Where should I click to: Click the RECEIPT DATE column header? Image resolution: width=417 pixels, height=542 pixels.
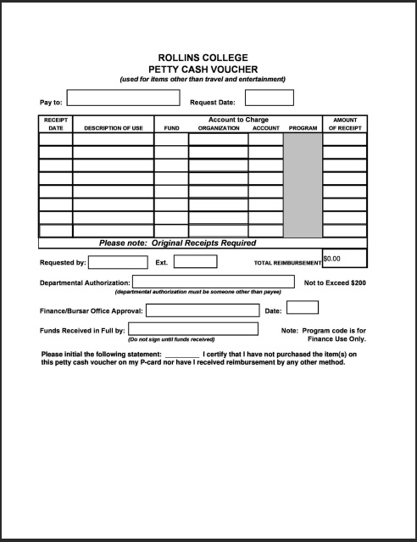(x=55, y=124)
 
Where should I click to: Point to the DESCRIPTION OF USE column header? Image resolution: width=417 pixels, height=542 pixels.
(x=113, y=128)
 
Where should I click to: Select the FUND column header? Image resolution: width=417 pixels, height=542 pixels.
(x=171, y=128)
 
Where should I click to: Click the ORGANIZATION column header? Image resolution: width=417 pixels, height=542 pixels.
(x=219, y=128)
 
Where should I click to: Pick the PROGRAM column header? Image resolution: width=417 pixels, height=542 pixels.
(x=303, y=128)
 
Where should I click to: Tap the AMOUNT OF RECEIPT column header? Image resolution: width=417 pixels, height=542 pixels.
(x=344, y=124)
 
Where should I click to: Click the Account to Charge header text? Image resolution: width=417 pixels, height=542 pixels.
(x=238, y=120)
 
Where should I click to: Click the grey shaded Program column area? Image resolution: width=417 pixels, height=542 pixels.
(x=303, y=185)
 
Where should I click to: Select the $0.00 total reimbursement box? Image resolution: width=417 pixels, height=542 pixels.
(x=344, y=258)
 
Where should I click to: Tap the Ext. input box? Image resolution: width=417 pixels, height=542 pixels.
(x=195, y=262)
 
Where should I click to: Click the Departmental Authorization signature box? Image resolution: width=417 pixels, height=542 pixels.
(x=213, y=282)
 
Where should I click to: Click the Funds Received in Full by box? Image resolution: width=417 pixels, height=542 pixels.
(x=192, y=329)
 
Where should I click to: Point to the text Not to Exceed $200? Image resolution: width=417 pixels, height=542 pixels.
(x=335, y=282)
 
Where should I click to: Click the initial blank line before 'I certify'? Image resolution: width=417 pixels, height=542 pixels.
(x=182, y=354)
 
